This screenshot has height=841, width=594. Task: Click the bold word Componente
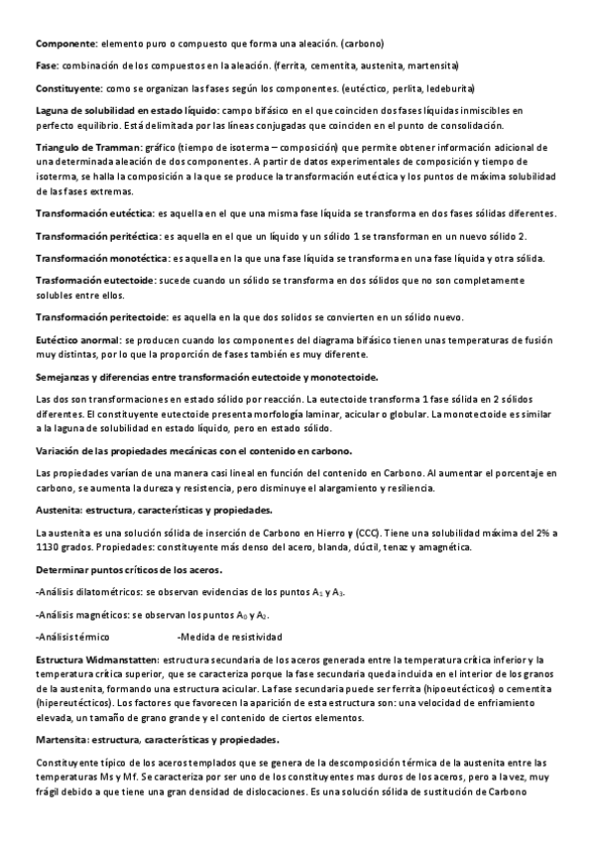click(x=65, y=45)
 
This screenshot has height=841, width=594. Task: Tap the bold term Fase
click(x=47, y=65)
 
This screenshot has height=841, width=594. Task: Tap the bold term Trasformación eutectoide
click(x=94, y=281)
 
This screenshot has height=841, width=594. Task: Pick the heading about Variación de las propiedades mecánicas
click(x=194, y=451)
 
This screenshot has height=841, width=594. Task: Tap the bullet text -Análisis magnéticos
click(x=79, y=614)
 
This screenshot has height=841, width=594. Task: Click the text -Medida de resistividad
click(x=229, y=636)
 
